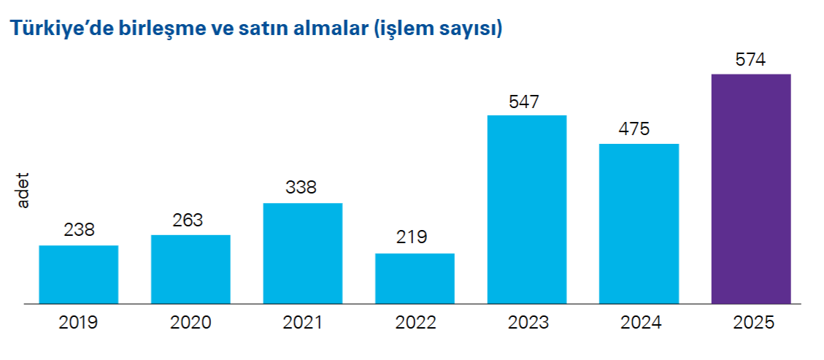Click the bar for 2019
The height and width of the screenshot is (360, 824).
click(x=79, y=274)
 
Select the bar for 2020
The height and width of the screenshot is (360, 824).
click(x=190, y=269)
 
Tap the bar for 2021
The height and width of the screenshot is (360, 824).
click(x=303, y=253)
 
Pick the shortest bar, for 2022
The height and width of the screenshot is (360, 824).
click(x=415, y=278)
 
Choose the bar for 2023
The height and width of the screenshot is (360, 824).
click(x=527, y=209)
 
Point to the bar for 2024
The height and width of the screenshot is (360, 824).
click(x=639, y=223)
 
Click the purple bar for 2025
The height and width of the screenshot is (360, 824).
click(x=751, y=188)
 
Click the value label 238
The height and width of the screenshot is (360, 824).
click(x=79, y=230)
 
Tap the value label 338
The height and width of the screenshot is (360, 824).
click(x=301, y=188)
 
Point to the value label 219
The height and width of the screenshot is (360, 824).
click(x=413, y=238)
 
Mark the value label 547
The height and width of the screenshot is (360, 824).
click(x=524, y=101)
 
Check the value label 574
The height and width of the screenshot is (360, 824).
click(x=750, y=60)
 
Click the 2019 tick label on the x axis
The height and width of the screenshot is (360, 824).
click(x=79, y=322)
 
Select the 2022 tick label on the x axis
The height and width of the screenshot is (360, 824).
click(x=415, y=322)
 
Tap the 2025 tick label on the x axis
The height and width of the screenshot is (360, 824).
click(x=751, y=322)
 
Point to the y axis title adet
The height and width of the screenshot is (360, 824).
click(x=23, y=192)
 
